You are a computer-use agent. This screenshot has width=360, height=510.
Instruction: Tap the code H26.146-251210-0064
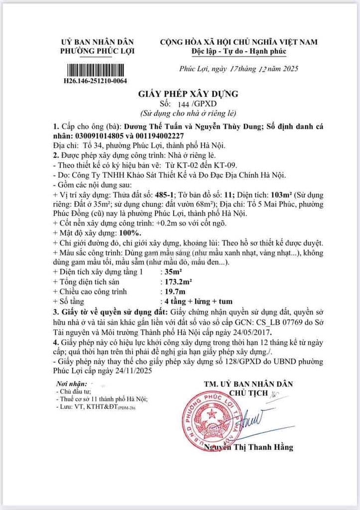pos(95,80)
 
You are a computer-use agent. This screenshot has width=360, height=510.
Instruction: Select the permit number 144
pos(184,104)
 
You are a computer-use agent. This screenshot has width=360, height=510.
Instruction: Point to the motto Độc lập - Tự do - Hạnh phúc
pos(239,51)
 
